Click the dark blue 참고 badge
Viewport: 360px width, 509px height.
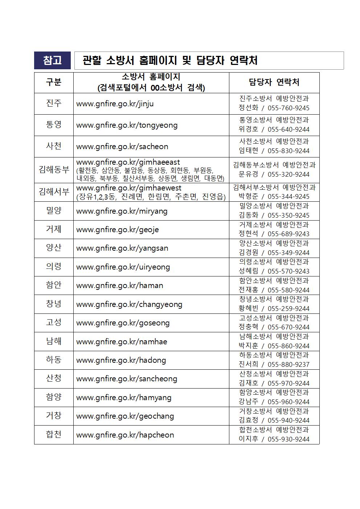[52, 60]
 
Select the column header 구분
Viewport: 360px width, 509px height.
[54, 82]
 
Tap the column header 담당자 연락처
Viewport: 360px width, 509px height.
[274, 82]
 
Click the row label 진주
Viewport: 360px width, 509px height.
[54, 103]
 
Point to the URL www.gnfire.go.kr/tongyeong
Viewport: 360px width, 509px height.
[127, 125]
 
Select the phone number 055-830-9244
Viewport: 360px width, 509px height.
[289, 151]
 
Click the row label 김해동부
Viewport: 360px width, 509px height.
[54, 169]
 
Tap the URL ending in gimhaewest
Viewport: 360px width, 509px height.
[128, 188]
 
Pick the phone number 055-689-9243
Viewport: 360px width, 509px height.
[289, 234]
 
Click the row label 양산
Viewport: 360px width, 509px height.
[54, 248]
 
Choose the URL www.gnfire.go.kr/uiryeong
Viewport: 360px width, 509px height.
[123, 267]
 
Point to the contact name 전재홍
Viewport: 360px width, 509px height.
[248, 290]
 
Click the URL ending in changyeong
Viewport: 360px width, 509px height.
[129, 304]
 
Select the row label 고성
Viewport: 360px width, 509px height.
[54, 323]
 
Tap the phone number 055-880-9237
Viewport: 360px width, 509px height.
[289, 365]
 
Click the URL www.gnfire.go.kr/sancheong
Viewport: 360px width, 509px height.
[127, 379]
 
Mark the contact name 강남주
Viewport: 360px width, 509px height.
[248, 402]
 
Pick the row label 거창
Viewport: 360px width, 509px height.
[54, 416]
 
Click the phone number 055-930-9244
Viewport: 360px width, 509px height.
[289, 439]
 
